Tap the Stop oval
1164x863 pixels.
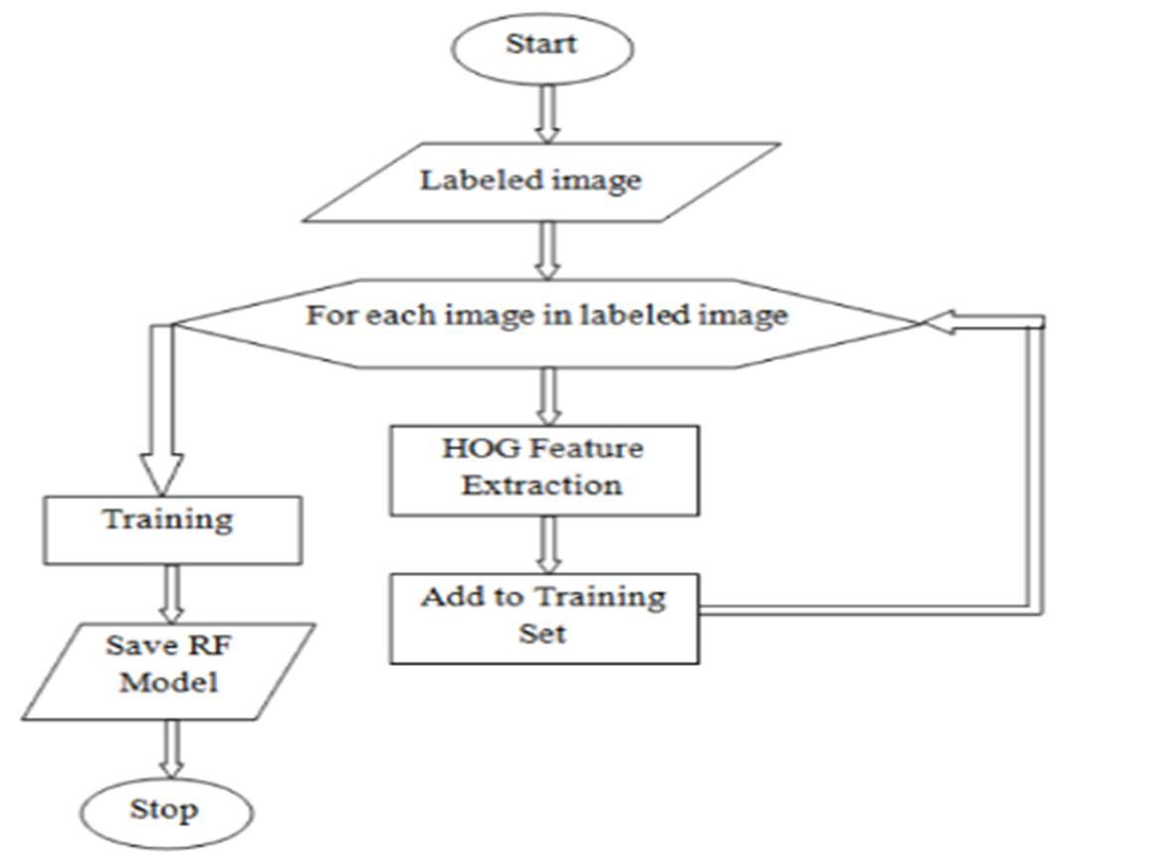pyautogui.click(x=166, y=811)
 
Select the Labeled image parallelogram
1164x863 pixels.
pyautogui.click(x=540, y=181)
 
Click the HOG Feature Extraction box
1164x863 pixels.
pyautogui.click(x=543, y=469)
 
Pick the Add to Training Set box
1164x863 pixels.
pyautogui.click(x=543, y=616)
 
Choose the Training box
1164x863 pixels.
pyautogui.click(x=171, y=529)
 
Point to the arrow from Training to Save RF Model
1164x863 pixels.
pyautogui.click(x=172, y=594)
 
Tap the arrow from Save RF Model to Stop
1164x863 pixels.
pyautogui.click(x=172, y=748)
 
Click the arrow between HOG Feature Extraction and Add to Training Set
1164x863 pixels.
pyautogui.click(x=546, y=543)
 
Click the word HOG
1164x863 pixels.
pyautogui.click(x=470, y=449)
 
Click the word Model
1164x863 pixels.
pyautogui.click(x=169, y=685)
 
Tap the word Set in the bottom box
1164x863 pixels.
pyautogui.click(x=542, y=634)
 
